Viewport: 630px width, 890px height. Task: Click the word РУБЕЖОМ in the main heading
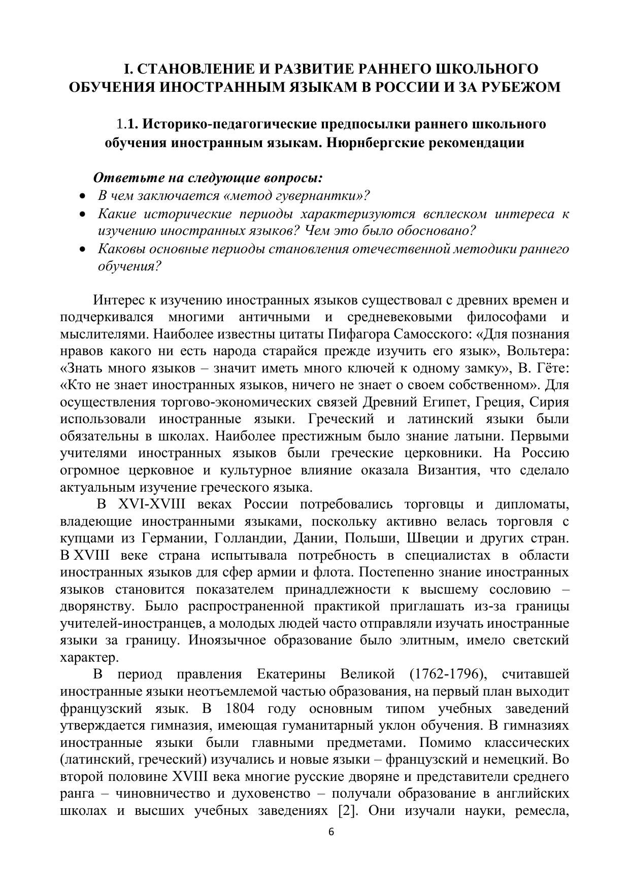coord(523,87)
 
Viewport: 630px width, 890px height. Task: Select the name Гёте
coord(551,368)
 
